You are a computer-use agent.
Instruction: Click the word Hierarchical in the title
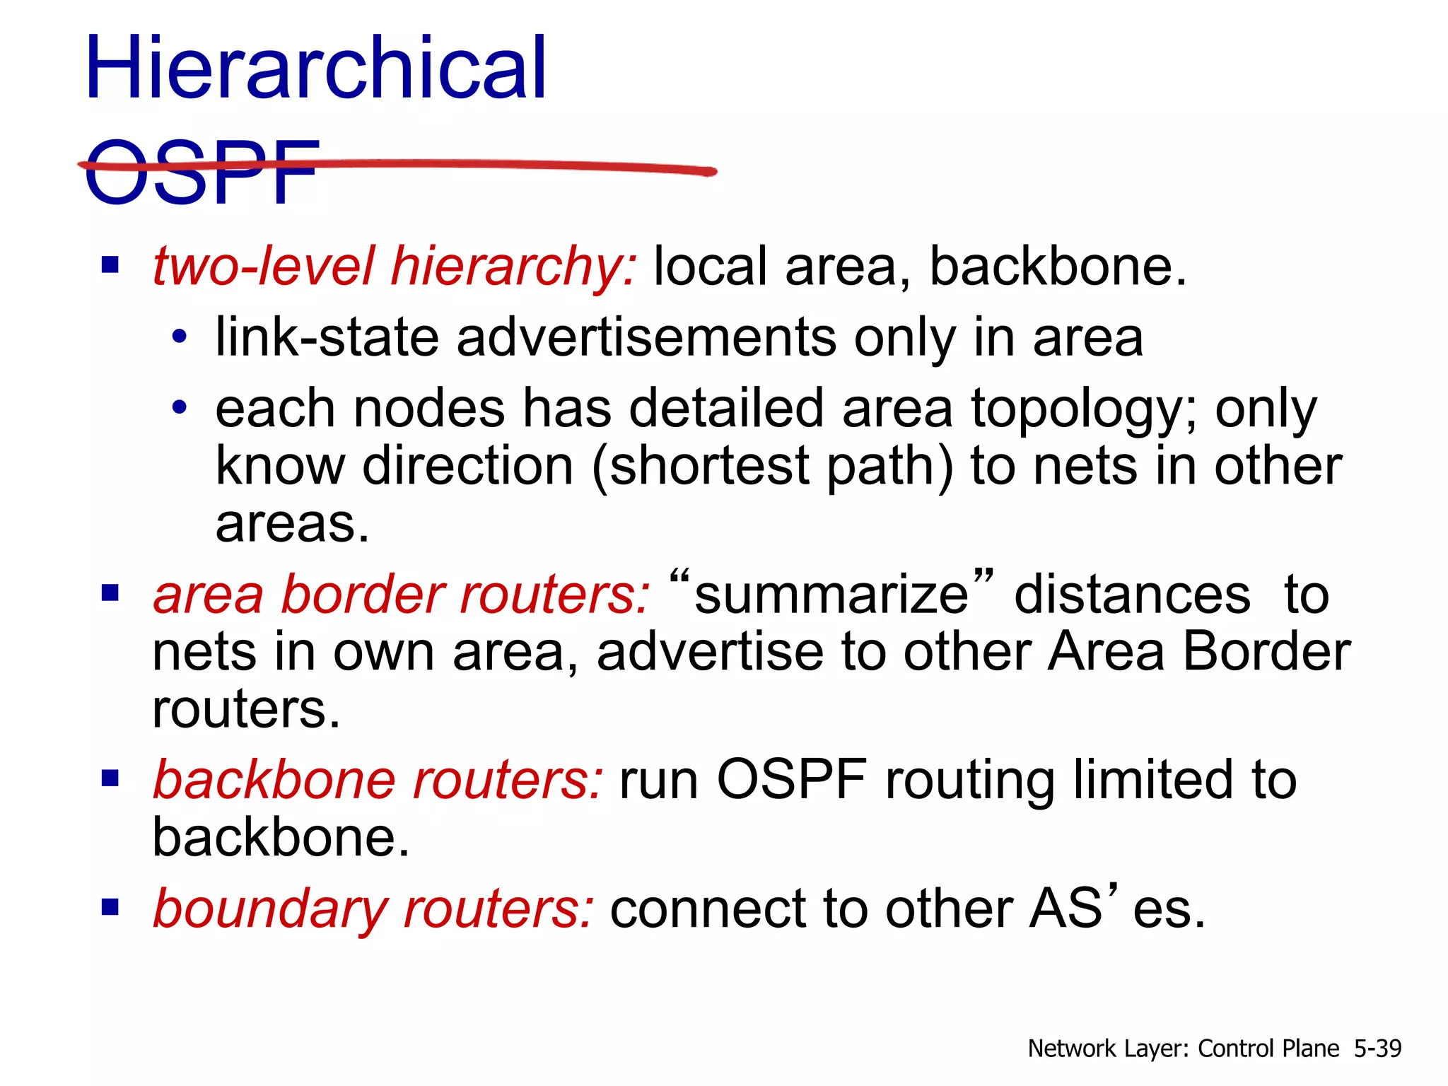point(315,69)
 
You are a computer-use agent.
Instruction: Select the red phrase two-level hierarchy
point(395,267)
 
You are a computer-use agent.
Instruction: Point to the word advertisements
point(646,337)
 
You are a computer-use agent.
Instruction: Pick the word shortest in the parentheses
point(709,467)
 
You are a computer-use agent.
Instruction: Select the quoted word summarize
point(831,595)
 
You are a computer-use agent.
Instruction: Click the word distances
point(1131,595)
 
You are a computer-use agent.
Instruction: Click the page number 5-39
point(1377,1049)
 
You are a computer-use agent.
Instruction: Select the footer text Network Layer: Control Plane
point(1183,1049)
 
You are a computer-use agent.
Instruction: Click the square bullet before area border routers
point(110,592)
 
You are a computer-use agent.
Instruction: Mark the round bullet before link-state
point(180,338)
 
